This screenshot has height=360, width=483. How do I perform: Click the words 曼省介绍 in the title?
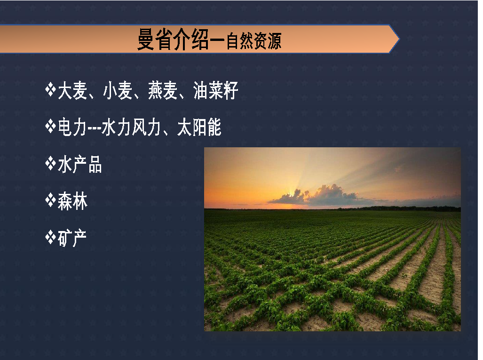coord(173,40)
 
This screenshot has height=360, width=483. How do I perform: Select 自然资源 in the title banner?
coord(254,41)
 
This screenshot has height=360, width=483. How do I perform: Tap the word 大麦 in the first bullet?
coord(72,90)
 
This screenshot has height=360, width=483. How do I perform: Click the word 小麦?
coord(118,90)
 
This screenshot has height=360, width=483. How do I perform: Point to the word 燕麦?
coord(163,90)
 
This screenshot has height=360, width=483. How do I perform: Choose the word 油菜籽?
coord(215,90)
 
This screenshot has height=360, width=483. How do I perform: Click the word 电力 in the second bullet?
coord(72,127)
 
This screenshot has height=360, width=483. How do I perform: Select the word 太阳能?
coord(199,127)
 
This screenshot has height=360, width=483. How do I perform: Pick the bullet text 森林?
coord(73,201)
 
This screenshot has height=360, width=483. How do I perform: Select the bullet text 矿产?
coord(72,238)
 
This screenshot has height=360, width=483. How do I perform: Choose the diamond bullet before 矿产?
coord(50,237)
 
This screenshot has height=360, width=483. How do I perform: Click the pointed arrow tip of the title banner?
coord(399,39)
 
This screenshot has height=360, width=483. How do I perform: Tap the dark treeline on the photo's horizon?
coord(400,208)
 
